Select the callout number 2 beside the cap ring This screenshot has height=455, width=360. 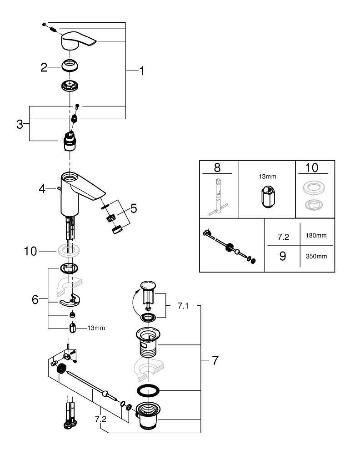(x=44, y=67)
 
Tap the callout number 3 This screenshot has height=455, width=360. (x=20, y=124)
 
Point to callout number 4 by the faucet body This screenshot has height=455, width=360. (x=42, y=188)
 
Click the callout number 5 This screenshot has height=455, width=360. (x=133, y=208)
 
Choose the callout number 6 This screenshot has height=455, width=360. (x=35, y=299)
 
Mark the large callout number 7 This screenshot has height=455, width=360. (x=215, y=360)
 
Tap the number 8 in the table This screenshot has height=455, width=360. (x=217, y=167)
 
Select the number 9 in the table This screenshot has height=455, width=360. (x=282, y=256)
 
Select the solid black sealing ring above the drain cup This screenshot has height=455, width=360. (x=148, y=390)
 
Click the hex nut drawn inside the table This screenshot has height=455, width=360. (x=268, y=197)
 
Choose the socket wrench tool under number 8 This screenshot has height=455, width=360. (x=218, y=197)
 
